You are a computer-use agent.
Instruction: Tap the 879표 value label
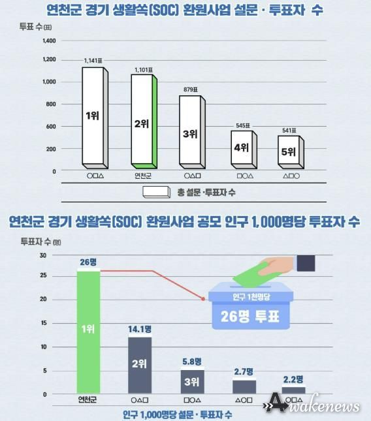coord(191,90)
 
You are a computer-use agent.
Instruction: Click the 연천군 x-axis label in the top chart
coord(142,176)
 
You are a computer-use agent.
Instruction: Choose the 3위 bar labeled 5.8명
coord(191,381)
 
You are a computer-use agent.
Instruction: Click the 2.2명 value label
coord(293,379)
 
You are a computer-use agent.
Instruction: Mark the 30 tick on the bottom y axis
coord(42,255)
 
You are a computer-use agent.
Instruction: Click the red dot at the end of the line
coord(204,299)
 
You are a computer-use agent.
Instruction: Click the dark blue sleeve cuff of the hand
coord(306,263)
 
